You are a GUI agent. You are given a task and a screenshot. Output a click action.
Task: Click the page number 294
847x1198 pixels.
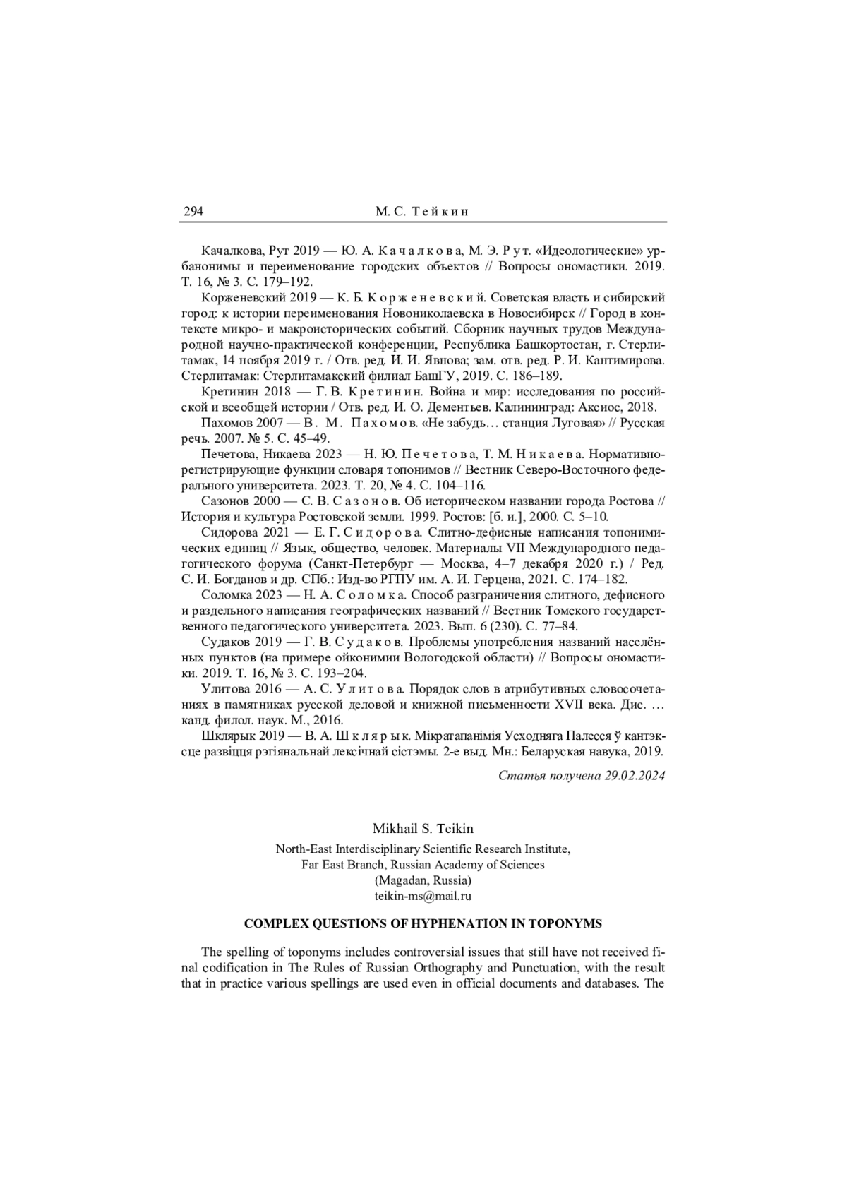[x=193, y=211]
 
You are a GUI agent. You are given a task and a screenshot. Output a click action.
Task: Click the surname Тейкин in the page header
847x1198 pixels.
[x=440, y=211]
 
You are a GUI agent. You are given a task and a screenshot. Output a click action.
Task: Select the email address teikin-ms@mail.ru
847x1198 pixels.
[x=423, y=896]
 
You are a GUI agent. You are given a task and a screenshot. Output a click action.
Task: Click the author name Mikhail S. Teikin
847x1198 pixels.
[x=423, y=827]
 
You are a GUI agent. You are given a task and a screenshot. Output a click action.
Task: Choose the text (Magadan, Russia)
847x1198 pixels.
[x=423, y=880]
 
